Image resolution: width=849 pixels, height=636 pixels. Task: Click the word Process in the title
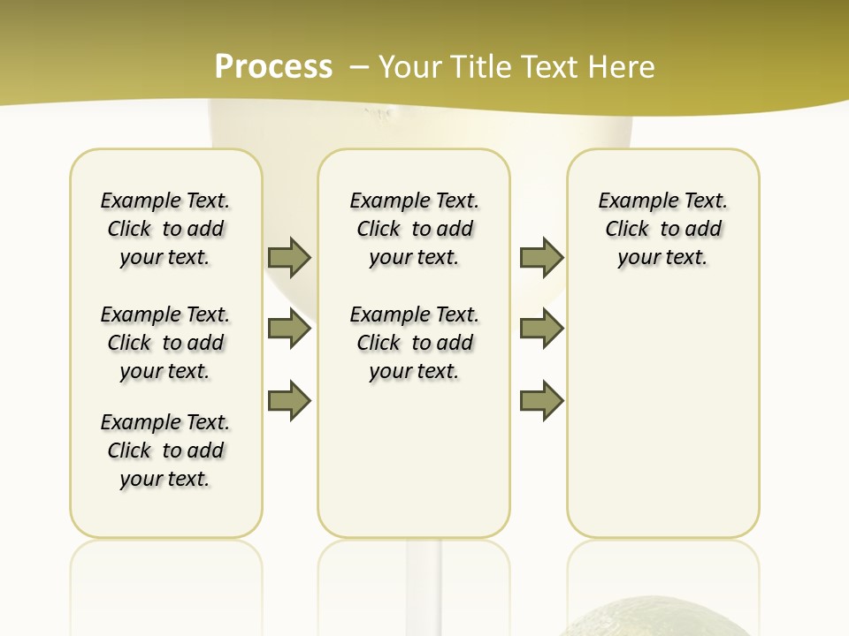click(273, 66)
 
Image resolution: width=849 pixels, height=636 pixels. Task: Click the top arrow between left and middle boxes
click(289, 257)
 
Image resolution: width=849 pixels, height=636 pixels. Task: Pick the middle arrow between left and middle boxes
click(289, 329)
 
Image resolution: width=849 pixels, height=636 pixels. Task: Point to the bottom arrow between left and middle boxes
click(289, 401)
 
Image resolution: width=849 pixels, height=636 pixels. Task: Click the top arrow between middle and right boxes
click(541, 257)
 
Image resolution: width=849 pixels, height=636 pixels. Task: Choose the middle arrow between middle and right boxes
click(541, 329)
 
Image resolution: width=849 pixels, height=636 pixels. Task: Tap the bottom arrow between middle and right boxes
click(541, 401)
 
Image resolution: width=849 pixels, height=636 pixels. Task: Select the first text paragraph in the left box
click(165, 229)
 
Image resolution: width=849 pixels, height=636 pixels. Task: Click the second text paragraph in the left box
click(165, 343)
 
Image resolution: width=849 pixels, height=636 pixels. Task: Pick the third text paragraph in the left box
click(165, 450)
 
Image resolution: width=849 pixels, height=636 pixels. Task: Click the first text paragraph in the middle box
click(415, 229)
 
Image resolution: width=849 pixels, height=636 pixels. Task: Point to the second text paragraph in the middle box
click(415, 343)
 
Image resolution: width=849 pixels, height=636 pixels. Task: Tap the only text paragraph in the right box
click(663, 229)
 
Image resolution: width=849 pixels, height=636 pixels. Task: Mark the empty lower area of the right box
click(663, 415)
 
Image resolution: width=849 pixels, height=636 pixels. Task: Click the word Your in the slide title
click(409, 67)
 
